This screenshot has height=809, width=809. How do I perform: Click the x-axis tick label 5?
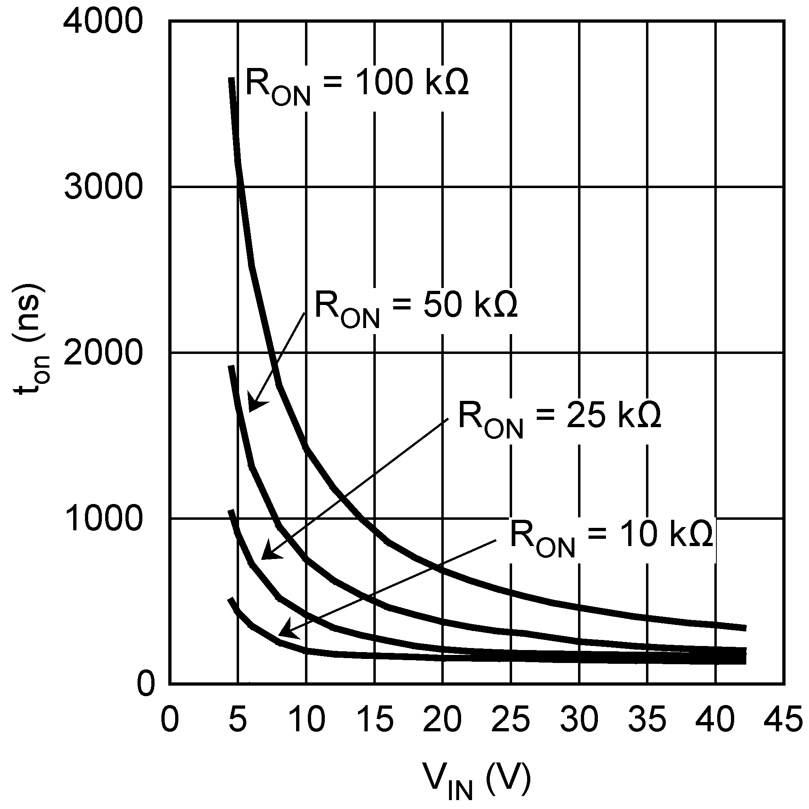tap(237, 719)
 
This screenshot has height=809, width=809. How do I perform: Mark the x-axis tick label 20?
tap(442, 719)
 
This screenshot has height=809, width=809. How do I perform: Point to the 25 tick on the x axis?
tap(510, 719)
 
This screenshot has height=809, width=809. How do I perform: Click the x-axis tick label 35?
tap(647, 719)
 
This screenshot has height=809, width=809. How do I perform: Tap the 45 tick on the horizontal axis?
tap(784, 719)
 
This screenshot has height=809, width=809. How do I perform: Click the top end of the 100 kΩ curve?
tap(231, 80)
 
